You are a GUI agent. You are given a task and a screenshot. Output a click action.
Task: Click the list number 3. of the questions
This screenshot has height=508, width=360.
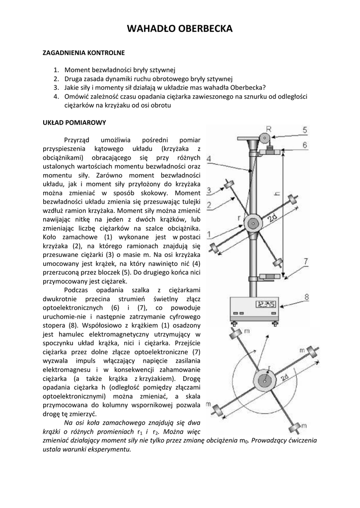(57, 87)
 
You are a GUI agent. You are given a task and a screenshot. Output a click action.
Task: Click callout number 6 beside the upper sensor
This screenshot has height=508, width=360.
(305, 145)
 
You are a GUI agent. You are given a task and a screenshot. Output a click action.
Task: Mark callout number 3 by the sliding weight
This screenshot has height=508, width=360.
(210, 190)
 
